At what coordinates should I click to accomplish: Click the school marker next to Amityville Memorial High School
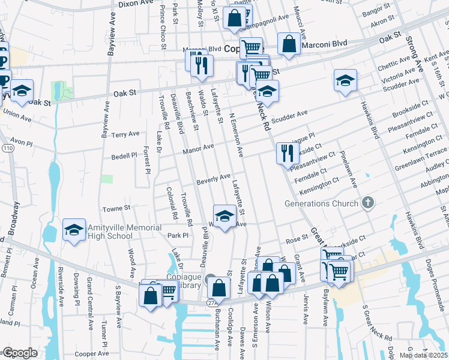[x=74, y=230]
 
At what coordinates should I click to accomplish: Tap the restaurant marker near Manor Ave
[x=286, y=152]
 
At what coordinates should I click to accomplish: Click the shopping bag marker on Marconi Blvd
[x=289, y=44]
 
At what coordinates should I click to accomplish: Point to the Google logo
[x=20, y=353]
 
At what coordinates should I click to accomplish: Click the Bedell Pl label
[x=124, y=156]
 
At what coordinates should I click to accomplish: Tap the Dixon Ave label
[x=136, y=3]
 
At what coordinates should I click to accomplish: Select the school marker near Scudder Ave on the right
[x=346, y=80]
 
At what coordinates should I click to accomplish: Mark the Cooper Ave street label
[x=91, y=354]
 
